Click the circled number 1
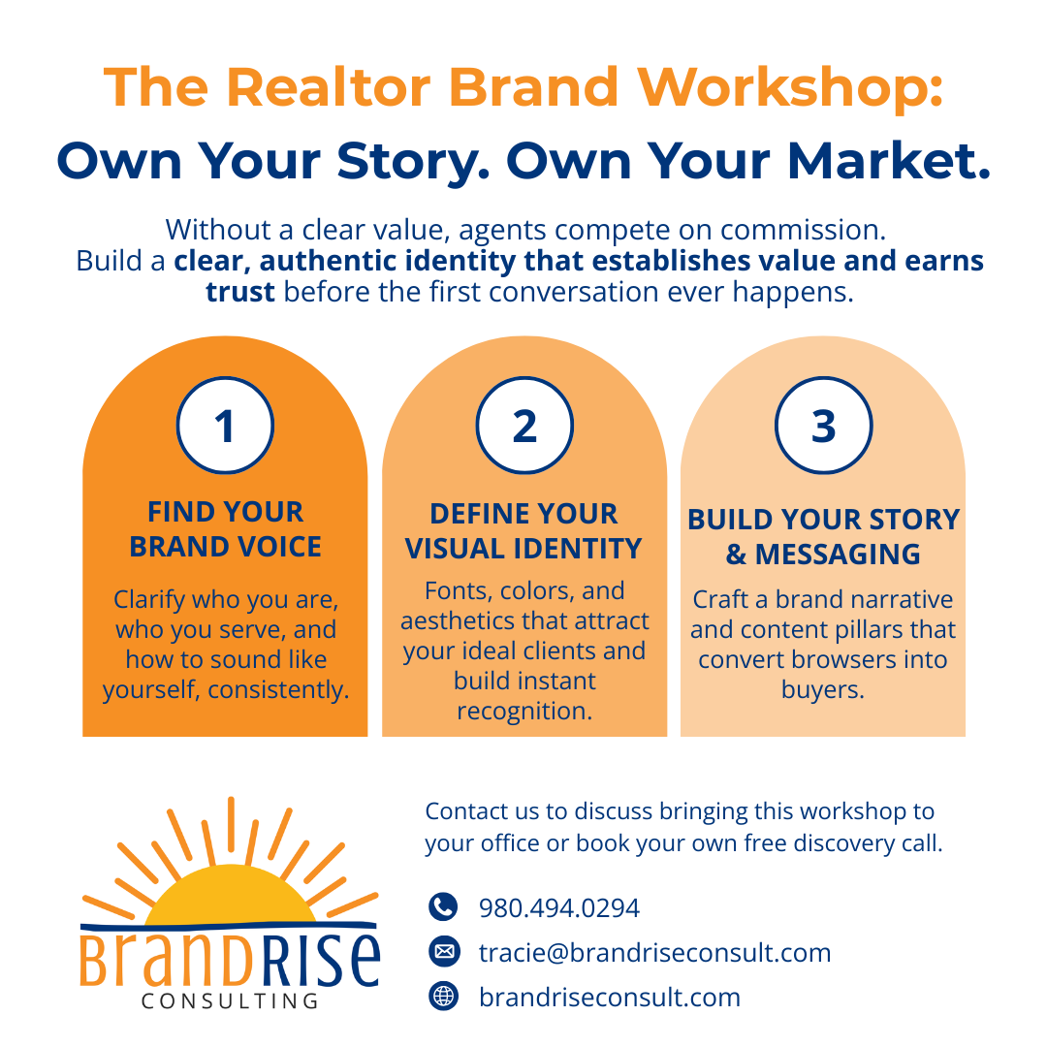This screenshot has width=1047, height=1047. click(x=225, y=426)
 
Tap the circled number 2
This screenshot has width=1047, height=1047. click(x=524, y=426)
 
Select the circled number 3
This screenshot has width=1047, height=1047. click(x=823, y=426)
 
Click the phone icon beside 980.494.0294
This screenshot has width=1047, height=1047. click(x=443, y=907)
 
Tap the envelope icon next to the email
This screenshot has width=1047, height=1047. click(x=443, y=952)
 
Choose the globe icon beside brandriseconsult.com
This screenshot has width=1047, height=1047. click(x=443, y=997)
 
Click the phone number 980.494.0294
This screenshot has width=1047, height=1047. click(x=559, y=908)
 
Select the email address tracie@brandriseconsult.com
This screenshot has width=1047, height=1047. click(x=654, y=953)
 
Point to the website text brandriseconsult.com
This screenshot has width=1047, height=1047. click(x=609, y=998)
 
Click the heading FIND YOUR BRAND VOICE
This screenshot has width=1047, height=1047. click(x=225, y=529)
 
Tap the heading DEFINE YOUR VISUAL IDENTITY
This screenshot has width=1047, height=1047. click(x=523, y=531)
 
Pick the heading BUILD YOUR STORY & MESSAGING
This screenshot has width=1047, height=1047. click(x=823, y=537)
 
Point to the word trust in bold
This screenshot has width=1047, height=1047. click(x=240, y=292)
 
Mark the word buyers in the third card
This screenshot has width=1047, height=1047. click(x=822, y=690)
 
